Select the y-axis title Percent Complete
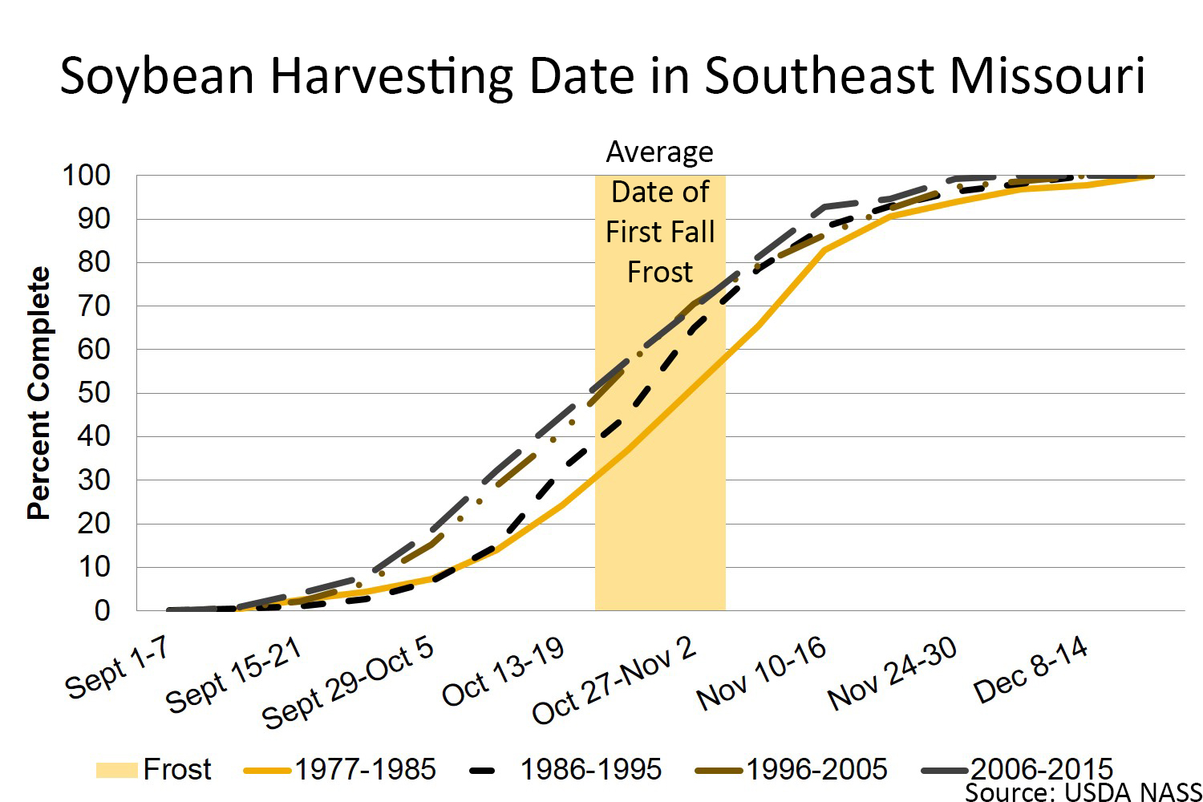38,393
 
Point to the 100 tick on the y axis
87,176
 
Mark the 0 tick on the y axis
101,611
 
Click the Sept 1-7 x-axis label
117,668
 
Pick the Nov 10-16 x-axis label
761,673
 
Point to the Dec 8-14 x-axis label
1031,670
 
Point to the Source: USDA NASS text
1083,792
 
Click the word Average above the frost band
659,152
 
